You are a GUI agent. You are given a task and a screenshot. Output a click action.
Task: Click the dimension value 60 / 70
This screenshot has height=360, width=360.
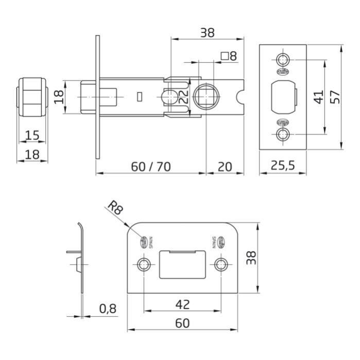(151, 167)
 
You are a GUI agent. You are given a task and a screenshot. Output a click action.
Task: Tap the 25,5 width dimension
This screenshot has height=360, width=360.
(283, 166)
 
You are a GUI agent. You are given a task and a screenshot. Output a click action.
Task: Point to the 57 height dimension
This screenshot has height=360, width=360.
(336, 96)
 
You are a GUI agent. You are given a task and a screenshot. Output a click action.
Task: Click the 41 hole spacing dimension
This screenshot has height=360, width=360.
(319, 96)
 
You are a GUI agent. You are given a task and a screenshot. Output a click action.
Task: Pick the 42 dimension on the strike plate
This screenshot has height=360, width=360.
(182, 304)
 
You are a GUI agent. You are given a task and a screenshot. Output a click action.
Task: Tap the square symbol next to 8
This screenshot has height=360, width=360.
(224, 56)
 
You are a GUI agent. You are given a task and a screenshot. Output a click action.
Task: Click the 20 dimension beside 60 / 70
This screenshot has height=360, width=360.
(224, 167)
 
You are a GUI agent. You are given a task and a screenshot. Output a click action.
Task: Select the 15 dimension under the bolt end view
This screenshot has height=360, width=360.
(32, 135)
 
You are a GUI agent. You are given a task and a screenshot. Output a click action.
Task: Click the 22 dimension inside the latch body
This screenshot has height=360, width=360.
(183, 96)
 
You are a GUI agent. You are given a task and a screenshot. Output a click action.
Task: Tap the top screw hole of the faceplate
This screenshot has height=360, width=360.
(283, 58)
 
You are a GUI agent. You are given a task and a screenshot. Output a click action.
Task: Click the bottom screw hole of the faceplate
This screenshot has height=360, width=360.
(283, 135)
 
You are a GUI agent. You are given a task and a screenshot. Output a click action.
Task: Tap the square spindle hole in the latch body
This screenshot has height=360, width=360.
(207, 96)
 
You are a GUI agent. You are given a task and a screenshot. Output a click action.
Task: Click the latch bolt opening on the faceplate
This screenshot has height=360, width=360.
(282, 96)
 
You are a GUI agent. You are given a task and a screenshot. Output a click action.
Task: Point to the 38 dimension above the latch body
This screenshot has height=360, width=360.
(207, 32)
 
